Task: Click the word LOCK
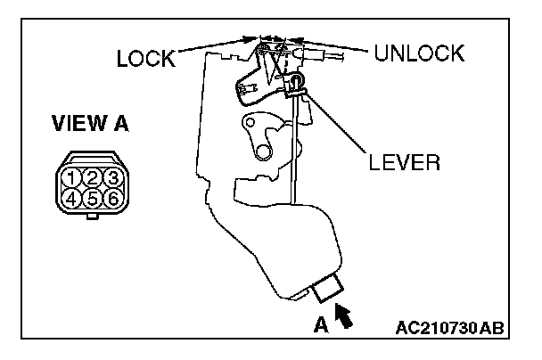click(146, 59)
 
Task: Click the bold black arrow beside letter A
click(342, 314)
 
